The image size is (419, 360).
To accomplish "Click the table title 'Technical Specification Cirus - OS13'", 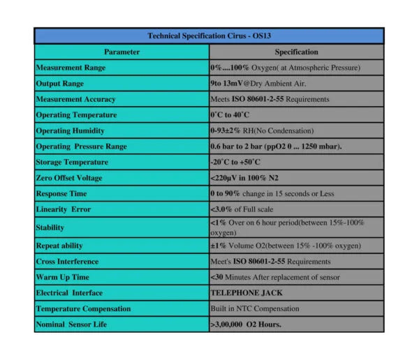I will click(x=209, y=36).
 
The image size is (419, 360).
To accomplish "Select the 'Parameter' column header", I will click(x=122, y=52).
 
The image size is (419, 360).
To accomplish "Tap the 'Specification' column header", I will click(x=296, y=52).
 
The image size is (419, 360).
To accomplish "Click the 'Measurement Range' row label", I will click(x=71, y=68).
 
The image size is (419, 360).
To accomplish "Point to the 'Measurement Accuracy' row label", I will click(x=75, y=99).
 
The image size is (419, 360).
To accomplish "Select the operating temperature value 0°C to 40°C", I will click(x=230, y=114).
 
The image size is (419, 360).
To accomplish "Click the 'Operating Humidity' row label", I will click(x=70, y=130).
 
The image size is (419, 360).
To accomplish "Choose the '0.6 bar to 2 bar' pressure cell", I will click(x=276, y=147).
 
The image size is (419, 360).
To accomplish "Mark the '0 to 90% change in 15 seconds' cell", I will click(x=272, y=193).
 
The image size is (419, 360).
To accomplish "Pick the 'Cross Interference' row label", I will click(x=68, y=262).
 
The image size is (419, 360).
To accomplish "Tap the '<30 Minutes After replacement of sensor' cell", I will click(x=275, y=277).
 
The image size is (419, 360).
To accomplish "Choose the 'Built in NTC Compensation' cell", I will click(x=255, y=308).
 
